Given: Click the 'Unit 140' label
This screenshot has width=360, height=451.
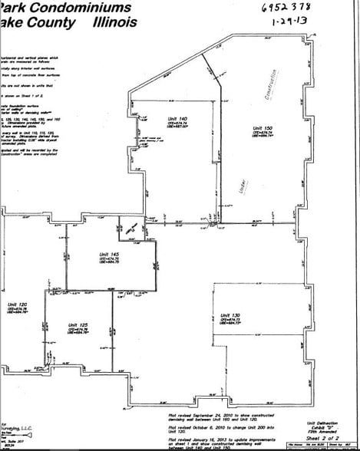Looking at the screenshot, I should click(x=179, y=119).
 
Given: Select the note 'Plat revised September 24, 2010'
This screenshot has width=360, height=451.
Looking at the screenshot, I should click(x=223, y=415).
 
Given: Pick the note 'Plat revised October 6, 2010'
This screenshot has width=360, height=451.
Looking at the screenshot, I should click(x=223, y=425).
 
